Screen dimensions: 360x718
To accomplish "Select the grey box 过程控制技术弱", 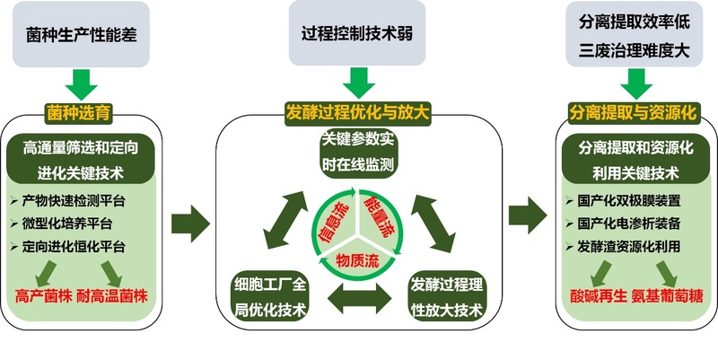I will [358, 36].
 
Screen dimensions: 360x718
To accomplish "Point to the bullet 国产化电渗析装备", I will [628, 222].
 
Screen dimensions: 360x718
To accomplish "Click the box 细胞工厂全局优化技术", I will [265, 298].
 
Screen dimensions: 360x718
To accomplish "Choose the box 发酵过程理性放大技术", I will [446, 298].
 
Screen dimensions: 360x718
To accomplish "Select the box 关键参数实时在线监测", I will [358, 153].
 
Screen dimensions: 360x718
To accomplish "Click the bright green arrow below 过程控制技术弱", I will [358, 83].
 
